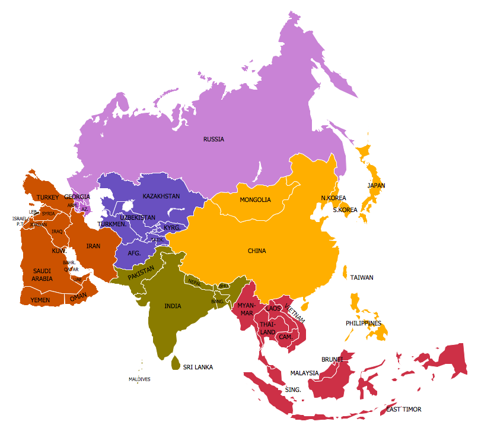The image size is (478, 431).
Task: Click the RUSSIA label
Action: [x=213, y=140]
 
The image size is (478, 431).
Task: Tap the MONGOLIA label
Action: [x=255, y=200]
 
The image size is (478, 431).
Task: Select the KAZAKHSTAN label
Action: [x=161, y=196]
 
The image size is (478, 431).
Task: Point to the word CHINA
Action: [x=257, y=251]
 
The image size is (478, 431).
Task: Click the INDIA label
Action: [x=173, y=306]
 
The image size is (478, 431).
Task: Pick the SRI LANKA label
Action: [x=197, y=367]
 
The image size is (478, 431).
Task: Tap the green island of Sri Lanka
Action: [x=176, y=362]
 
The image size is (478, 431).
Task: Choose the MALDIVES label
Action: [x=139, y=379]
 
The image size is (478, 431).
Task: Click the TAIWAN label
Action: [x=362, y=278]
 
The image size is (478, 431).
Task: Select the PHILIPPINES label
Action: [x=364, y=324]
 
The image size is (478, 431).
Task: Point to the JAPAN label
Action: [x=376, y=186]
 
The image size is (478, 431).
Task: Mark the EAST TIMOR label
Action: [x=404, y=410]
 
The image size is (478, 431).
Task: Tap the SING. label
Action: [x=293, y=390]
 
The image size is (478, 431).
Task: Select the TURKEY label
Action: [x=47, y=197]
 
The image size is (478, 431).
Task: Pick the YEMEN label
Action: [x=40, y=300]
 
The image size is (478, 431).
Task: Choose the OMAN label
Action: [x=78, y=297]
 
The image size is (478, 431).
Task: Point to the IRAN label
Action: [x=94, y=246]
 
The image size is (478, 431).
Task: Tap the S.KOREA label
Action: [x=345, y=210]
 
